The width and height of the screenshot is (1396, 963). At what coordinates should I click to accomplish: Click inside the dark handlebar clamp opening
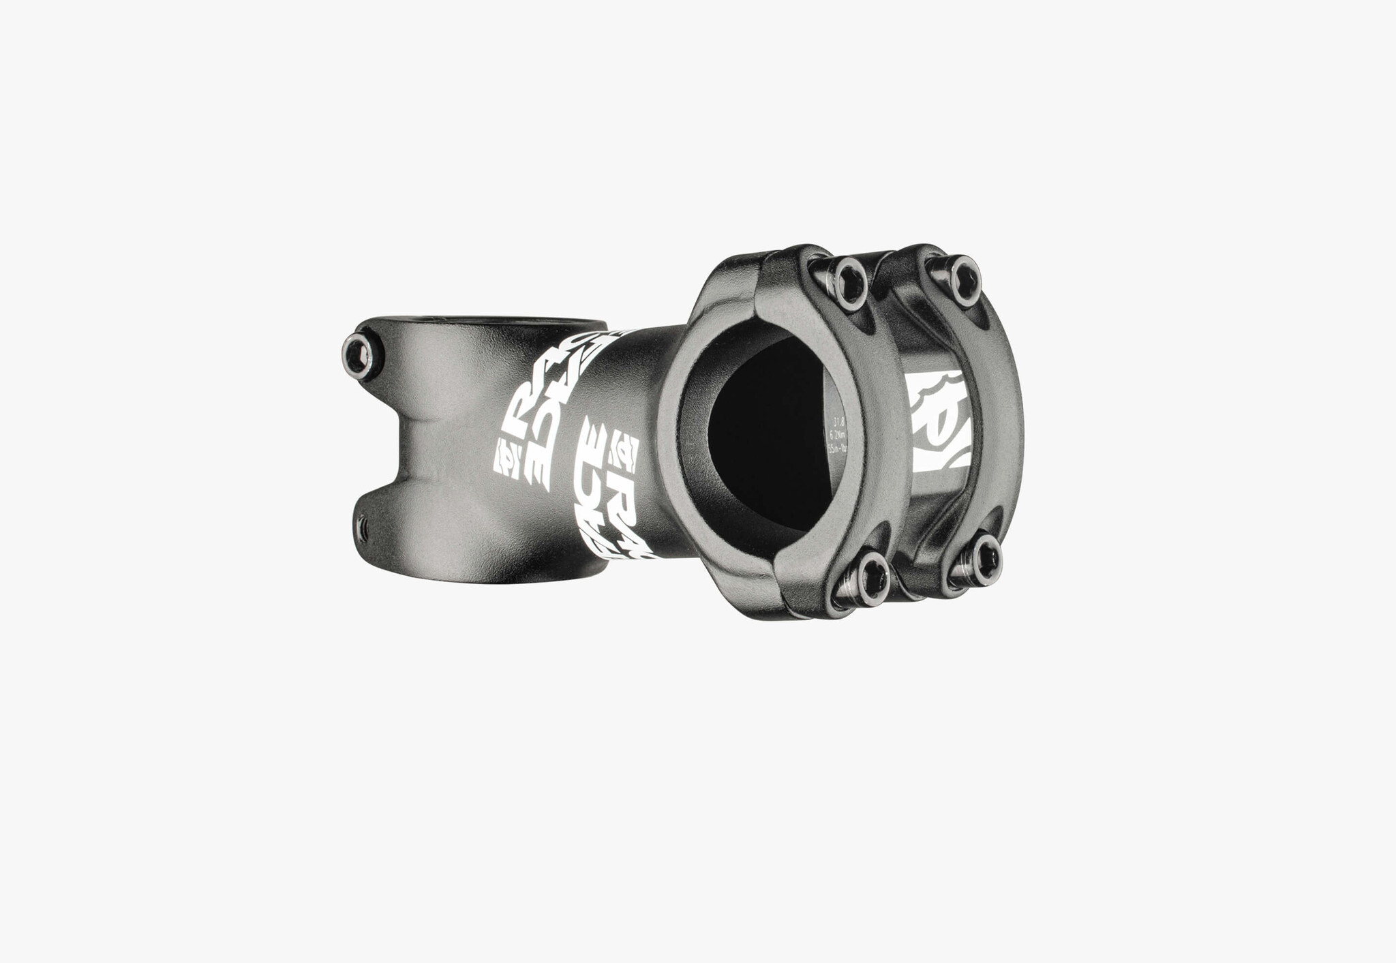coord(763,436)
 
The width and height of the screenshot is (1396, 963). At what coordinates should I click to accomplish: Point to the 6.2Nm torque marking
coord(837,433)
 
